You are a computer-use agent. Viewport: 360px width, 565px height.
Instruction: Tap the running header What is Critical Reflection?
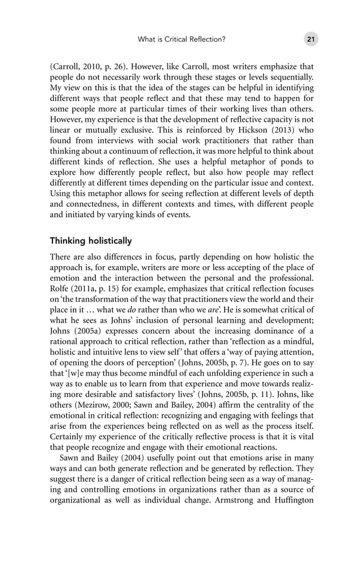tap(182, 39)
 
